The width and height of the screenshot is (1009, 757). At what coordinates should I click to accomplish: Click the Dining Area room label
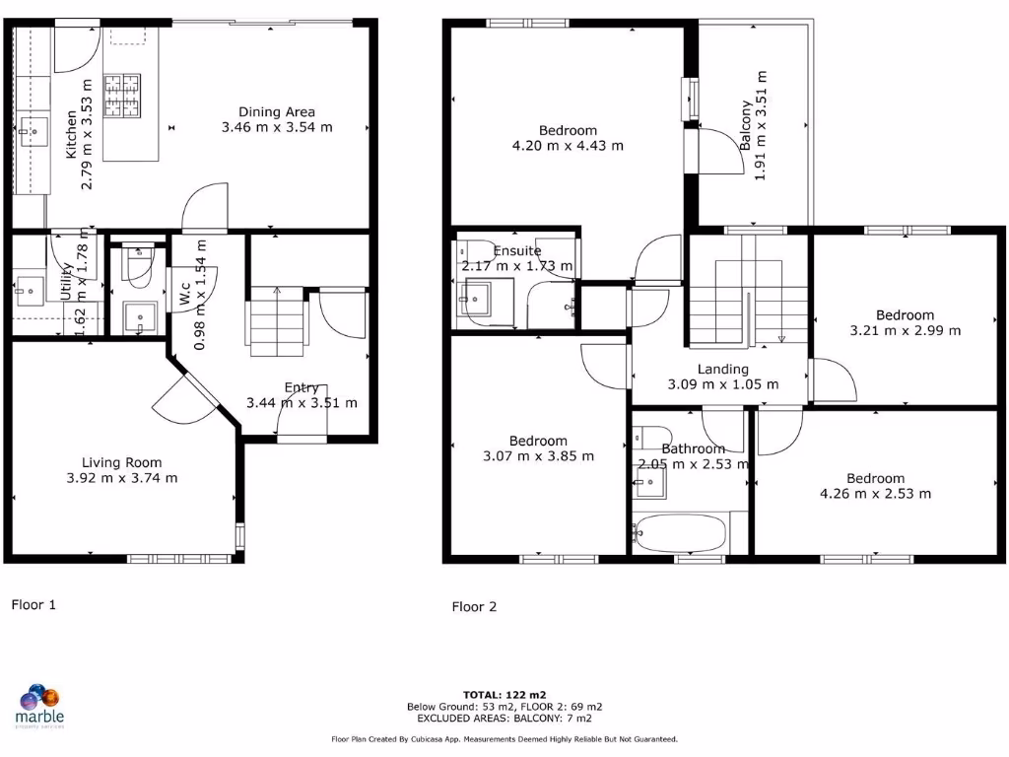coord(276,111)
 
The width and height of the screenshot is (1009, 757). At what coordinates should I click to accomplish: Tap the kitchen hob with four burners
coord(124,96)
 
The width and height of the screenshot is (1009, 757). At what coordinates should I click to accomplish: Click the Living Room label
coord(121,462)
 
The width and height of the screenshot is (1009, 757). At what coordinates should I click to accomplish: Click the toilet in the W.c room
coord(136,262)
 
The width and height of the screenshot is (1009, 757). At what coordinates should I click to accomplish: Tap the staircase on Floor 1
coord(275,321)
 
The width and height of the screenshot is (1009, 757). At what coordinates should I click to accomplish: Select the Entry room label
coord(301,387)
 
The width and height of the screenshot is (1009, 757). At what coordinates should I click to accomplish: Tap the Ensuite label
coord(517,250)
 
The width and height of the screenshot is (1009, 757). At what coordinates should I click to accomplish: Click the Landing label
coord(722,369)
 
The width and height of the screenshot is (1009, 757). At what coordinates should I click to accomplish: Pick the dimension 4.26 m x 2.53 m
coord(874,494)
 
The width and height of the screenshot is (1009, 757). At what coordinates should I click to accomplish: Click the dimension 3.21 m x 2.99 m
coord(905,330)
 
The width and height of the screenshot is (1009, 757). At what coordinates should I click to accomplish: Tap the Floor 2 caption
coord(474,606)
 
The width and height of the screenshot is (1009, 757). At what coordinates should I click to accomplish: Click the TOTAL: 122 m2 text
coord(504,694)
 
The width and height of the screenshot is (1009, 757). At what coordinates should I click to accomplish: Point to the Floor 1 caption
coord(34,604)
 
